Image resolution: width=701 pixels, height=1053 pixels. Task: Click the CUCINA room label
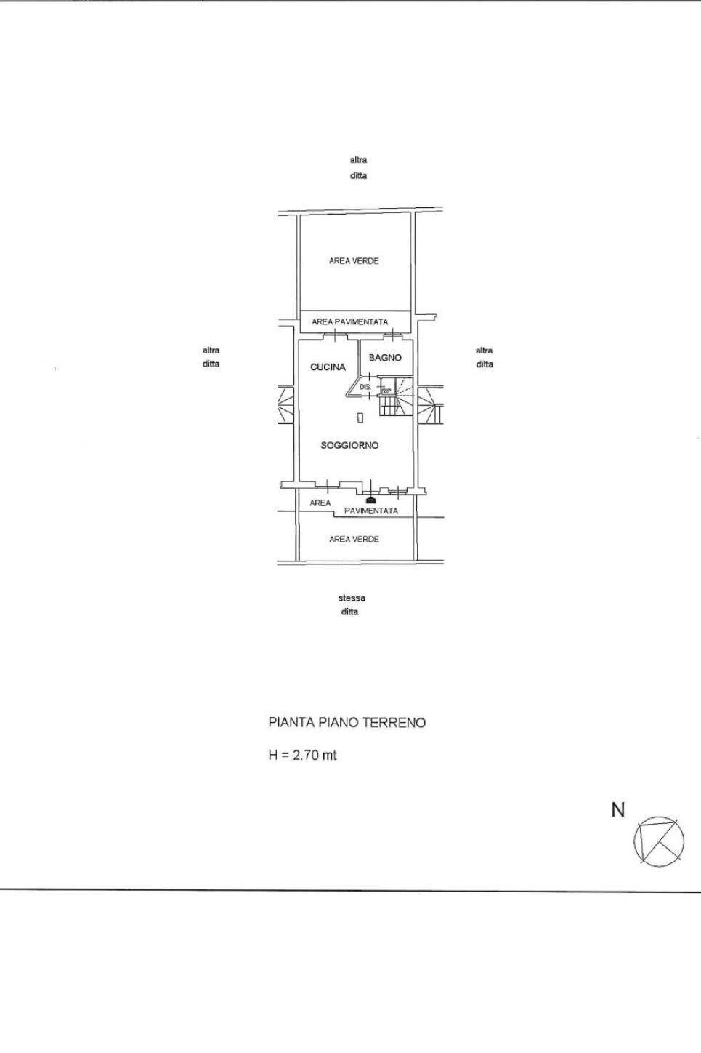328,367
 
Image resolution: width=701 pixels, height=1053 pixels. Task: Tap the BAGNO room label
385,358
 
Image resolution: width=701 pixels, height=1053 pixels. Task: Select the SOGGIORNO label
349,445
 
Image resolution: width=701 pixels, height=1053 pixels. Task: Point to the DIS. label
365,388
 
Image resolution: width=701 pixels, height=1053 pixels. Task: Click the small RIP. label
386,391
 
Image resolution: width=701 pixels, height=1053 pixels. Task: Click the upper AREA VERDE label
354,261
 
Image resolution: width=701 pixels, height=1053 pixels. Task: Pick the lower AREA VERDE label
354,540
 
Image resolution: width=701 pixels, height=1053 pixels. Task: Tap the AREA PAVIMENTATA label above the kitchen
349,321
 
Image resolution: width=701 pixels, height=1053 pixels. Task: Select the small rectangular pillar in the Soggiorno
360,417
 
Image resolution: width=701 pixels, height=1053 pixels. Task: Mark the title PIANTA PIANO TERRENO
347,723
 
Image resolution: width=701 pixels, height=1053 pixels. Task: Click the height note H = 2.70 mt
302,755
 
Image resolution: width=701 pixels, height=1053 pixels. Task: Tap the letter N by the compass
618,810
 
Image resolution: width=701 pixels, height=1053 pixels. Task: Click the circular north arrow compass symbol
659,841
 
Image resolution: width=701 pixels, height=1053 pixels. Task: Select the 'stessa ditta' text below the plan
352,605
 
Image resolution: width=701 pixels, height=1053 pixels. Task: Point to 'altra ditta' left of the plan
211,357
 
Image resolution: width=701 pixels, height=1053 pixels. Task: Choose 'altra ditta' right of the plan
485,357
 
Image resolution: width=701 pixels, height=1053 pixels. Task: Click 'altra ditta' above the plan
358,167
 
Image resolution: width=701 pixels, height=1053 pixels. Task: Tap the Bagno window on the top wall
392,335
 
